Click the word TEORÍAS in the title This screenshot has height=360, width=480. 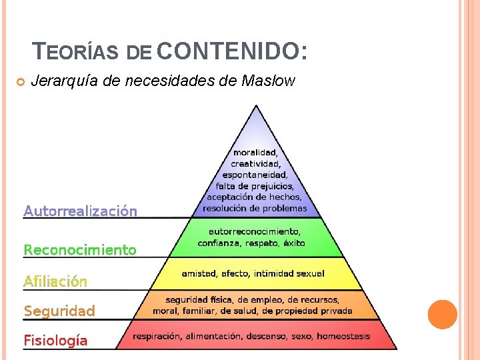point(76,51)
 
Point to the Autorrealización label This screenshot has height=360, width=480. point(80,211)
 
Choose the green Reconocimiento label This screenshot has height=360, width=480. point(80,251)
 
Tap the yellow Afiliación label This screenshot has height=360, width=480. point(55,281)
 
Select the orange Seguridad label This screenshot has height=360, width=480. point(59,311)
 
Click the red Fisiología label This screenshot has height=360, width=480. point(55,341)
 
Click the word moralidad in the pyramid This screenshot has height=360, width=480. point(256,153)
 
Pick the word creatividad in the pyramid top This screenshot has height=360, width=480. point(256,163)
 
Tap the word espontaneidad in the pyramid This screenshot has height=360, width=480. point(256,175)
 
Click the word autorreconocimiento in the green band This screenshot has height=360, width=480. point(255,232)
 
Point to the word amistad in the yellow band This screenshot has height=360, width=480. point(198,273)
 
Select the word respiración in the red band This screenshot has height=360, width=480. point(158,337)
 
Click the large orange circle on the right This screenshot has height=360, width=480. point(442,315)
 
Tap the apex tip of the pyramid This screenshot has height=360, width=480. point(256,106)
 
